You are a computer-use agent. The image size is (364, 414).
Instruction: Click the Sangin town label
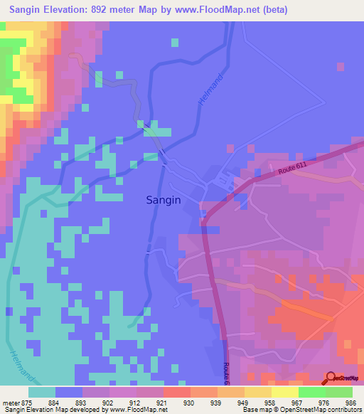[164, 200]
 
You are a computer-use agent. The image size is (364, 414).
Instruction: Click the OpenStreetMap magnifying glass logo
[331, 378]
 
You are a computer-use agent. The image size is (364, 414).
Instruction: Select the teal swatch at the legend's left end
[41, 392]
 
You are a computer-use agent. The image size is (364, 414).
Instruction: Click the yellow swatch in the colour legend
[284, 392]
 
